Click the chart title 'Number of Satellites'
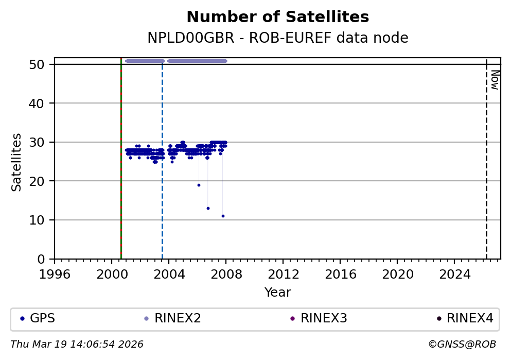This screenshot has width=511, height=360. tap(277, 18)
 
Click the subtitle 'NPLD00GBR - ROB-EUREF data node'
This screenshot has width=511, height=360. tap(277, 38)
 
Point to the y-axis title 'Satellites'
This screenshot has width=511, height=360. tap(17, 162)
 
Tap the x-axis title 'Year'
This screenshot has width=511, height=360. tap(277, 293)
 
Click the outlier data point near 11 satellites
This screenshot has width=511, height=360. tap(223, 216)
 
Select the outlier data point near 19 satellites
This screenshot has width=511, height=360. tap(199, 185)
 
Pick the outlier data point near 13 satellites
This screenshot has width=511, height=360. tap(208, 208)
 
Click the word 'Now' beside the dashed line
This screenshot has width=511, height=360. tap(495, 80)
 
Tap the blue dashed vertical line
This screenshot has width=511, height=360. tap(162, 206)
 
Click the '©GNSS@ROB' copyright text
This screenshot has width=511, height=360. tap(462, 345)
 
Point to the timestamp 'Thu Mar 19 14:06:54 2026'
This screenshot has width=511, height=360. tap(77, 345)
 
